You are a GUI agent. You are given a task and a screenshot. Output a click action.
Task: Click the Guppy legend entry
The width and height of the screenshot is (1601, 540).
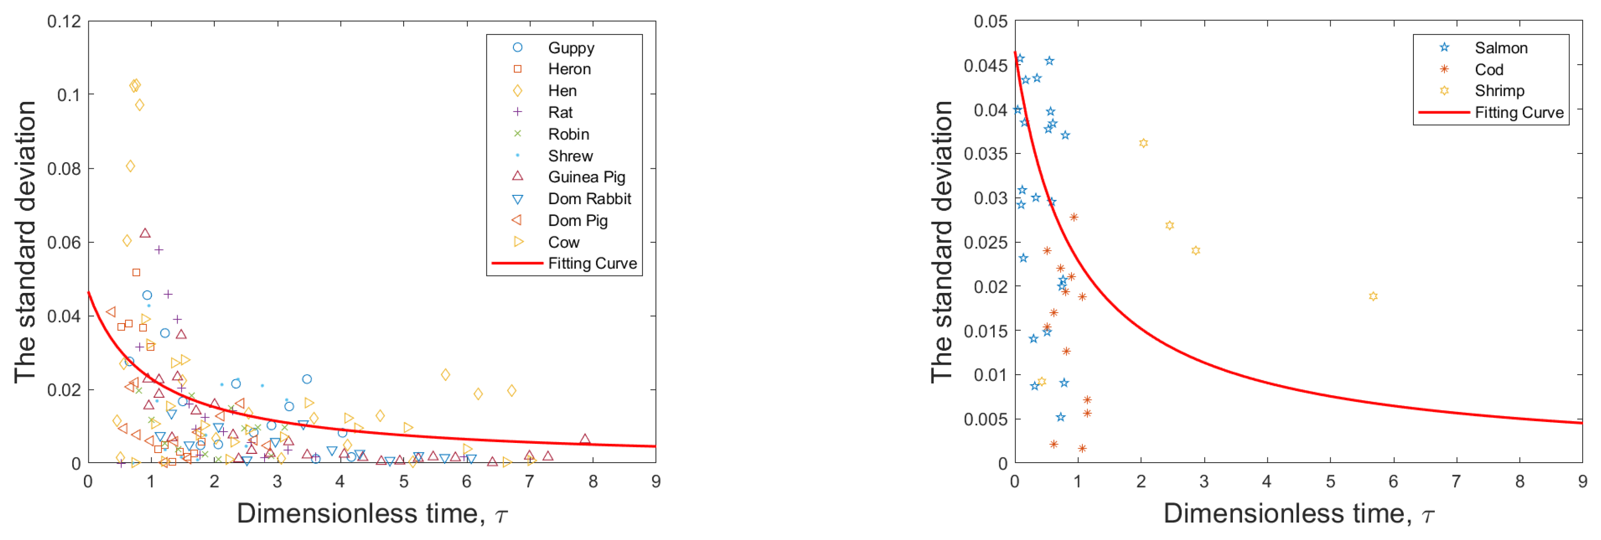point(571,48)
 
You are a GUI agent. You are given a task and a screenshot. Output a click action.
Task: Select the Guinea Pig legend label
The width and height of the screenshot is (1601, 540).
point(586,177)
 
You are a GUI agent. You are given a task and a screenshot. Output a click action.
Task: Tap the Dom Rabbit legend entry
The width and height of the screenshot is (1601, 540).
point(589,199)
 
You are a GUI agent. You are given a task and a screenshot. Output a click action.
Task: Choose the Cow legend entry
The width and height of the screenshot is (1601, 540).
point(563,242)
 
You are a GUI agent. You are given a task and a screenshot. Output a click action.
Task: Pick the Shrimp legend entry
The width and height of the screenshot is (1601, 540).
point(1499,91)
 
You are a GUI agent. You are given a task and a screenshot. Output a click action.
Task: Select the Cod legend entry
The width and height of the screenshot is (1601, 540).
point(1489,70)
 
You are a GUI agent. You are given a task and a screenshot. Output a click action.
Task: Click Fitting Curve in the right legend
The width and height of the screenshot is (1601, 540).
point(1518,112)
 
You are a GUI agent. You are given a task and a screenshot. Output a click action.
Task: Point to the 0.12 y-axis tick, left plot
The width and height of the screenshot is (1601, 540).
point(64,22)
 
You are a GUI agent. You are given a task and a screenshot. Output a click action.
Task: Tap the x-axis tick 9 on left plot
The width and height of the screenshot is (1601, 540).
point(656,481)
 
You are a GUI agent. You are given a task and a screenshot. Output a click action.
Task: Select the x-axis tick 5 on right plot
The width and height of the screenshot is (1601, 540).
point(1330,481)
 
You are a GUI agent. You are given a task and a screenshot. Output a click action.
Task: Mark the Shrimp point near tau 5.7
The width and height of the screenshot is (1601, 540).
point(1373,296)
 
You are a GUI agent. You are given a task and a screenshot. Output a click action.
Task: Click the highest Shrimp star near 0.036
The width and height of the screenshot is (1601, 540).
point(1143,143)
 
